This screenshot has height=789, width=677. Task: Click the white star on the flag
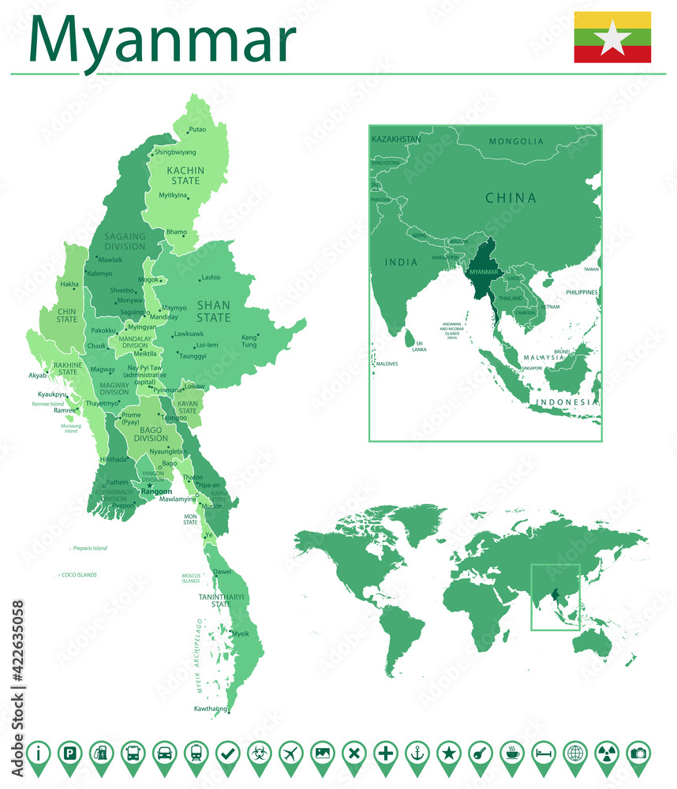click(x=612, y=38)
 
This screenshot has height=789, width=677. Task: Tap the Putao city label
click(x=197, y=129)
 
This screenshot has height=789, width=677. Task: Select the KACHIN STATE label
click(x=185, y=175)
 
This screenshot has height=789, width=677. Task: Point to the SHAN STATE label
click(x=213, y=312)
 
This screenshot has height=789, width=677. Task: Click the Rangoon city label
click(x=155, y=492)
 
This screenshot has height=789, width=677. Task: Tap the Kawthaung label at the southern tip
click(x=210, y=709)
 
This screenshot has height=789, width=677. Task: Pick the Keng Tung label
click(x=249, y=341)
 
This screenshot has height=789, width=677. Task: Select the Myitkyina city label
click(x=173, y=195)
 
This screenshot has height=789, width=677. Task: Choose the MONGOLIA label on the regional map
click(x=516, y=141)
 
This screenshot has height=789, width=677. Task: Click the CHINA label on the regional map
click(x=510, y=198)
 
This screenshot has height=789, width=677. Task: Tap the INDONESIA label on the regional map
click(x=566, y=402)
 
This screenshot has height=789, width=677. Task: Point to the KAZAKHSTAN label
click(x=396, y=139)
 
